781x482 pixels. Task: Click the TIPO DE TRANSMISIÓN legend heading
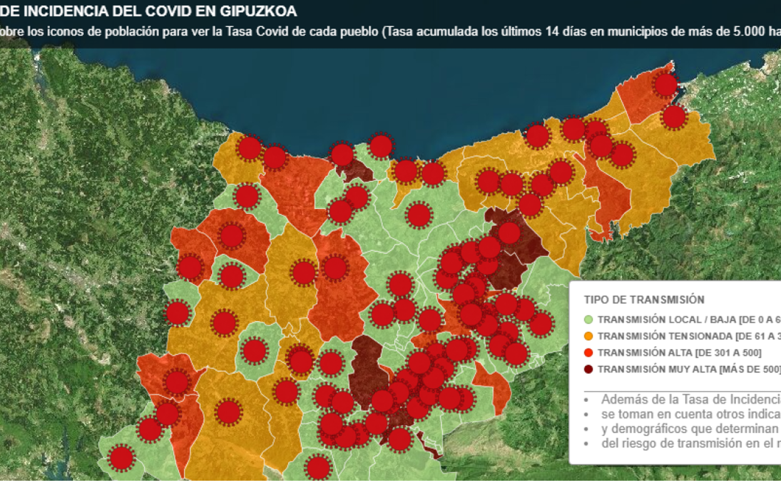[x=644, y=300]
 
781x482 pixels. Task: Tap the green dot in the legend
[x=588, y=319]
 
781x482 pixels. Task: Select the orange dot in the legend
[x=588, y=336]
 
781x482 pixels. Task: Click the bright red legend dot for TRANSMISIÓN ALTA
[x=588, y=352]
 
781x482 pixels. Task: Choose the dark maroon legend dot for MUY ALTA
[x=588, y=369]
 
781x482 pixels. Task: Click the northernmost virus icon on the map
[x=666, y=85]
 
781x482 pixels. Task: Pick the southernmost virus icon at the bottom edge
[x=318, y=467]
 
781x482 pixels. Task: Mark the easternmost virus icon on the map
[x=674, y=116]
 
